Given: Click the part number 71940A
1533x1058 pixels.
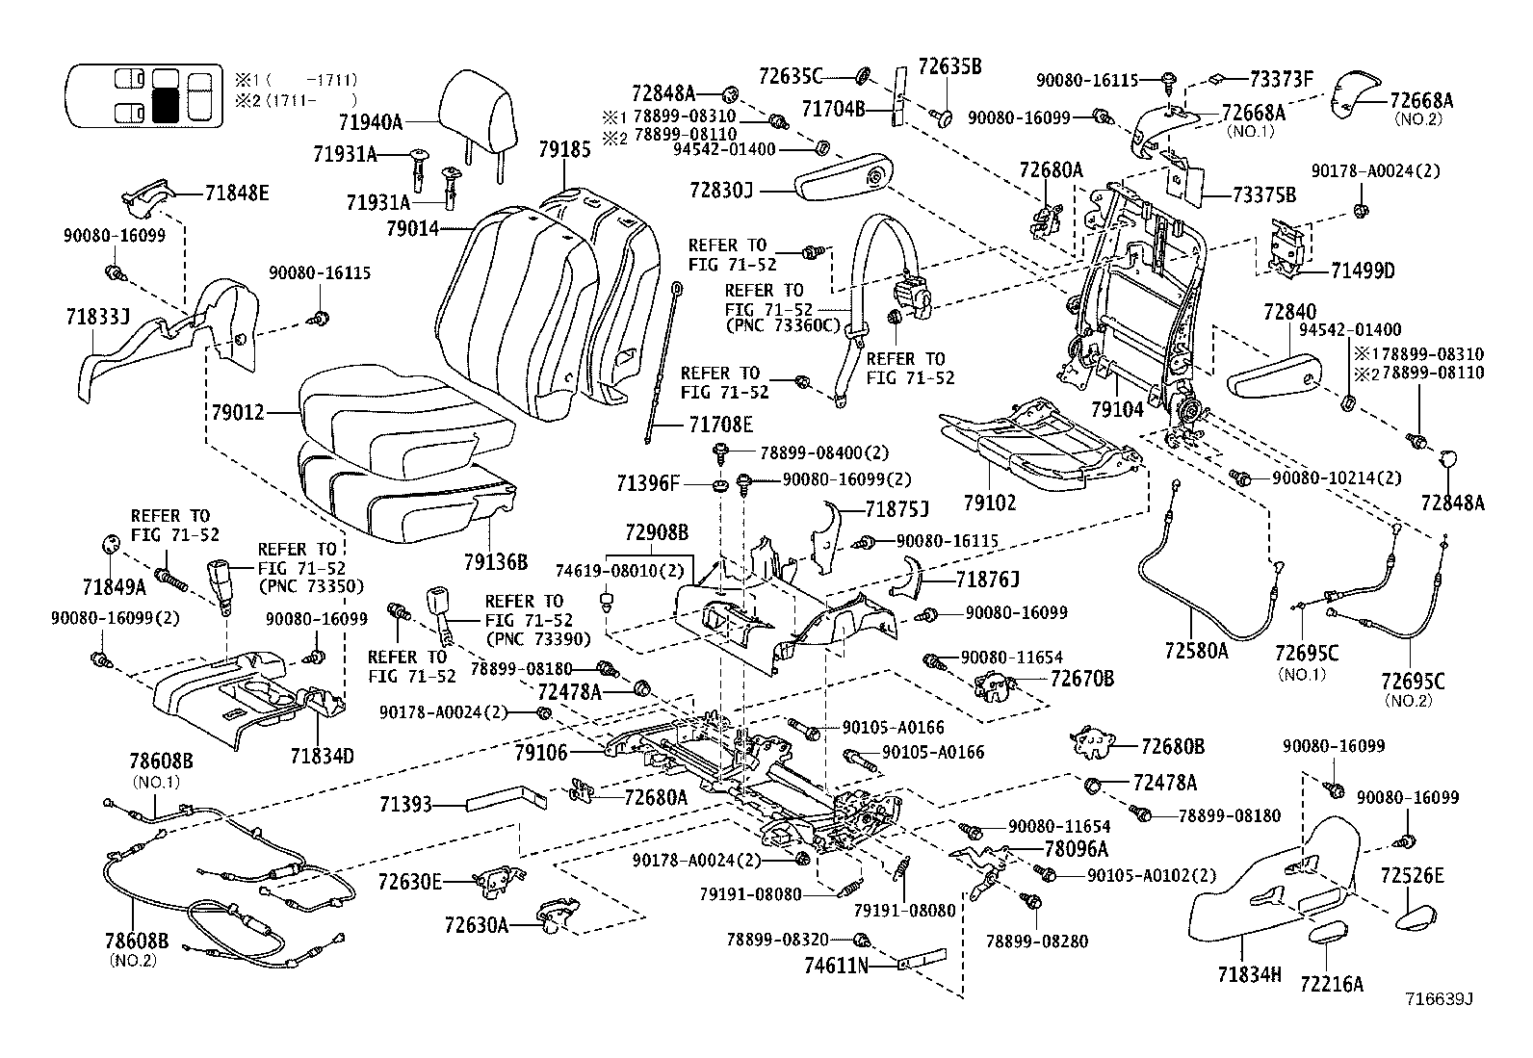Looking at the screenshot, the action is tap(370, 122).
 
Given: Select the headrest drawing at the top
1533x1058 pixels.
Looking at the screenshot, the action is tap(476, 123).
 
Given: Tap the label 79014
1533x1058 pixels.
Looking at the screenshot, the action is tap(413, 228).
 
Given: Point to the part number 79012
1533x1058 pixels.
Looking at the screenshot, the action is tap(238, 413).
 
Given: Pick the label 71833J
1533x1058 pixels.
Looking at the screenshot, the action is tap(98, 317).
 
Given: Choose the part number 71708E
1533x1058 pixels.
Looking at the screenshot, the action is tap(720, 425).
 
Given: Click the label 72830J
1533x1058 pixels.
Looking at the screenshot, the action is tap(721, 190).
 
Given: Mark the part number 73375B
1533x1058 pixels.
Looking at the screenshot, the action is tap(1264, 195).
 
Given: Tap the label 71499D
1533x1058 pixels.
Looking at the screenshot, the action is tap(1362, 271).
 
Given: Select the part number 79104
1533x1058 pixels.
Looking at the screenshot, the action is tap(1117, 409).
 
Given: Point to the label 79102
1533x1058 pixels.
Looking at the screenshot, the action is tap(990, 503).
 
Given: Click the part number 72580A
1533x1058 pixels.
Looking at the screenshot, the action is tap(1196, 650).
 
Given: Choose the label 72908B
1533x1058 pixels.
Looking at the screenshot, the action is tap(657, 531).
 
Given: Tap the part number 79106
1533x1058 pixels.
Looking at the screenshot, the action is tap(541, 753).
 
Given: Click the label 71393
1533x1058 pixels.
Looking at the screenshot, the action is tap(405, 804).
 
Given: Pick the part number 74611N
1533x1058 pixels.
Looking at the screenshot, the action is tap(836, 966).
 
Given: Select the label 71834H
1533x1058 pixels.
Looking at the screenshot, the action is tap(1249, 974).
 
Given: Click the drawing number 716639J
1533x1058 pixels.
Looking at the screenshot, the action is tap(1440, 999).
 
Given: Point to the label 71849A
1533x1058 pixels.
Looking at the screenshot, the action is tap(115, 587).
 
